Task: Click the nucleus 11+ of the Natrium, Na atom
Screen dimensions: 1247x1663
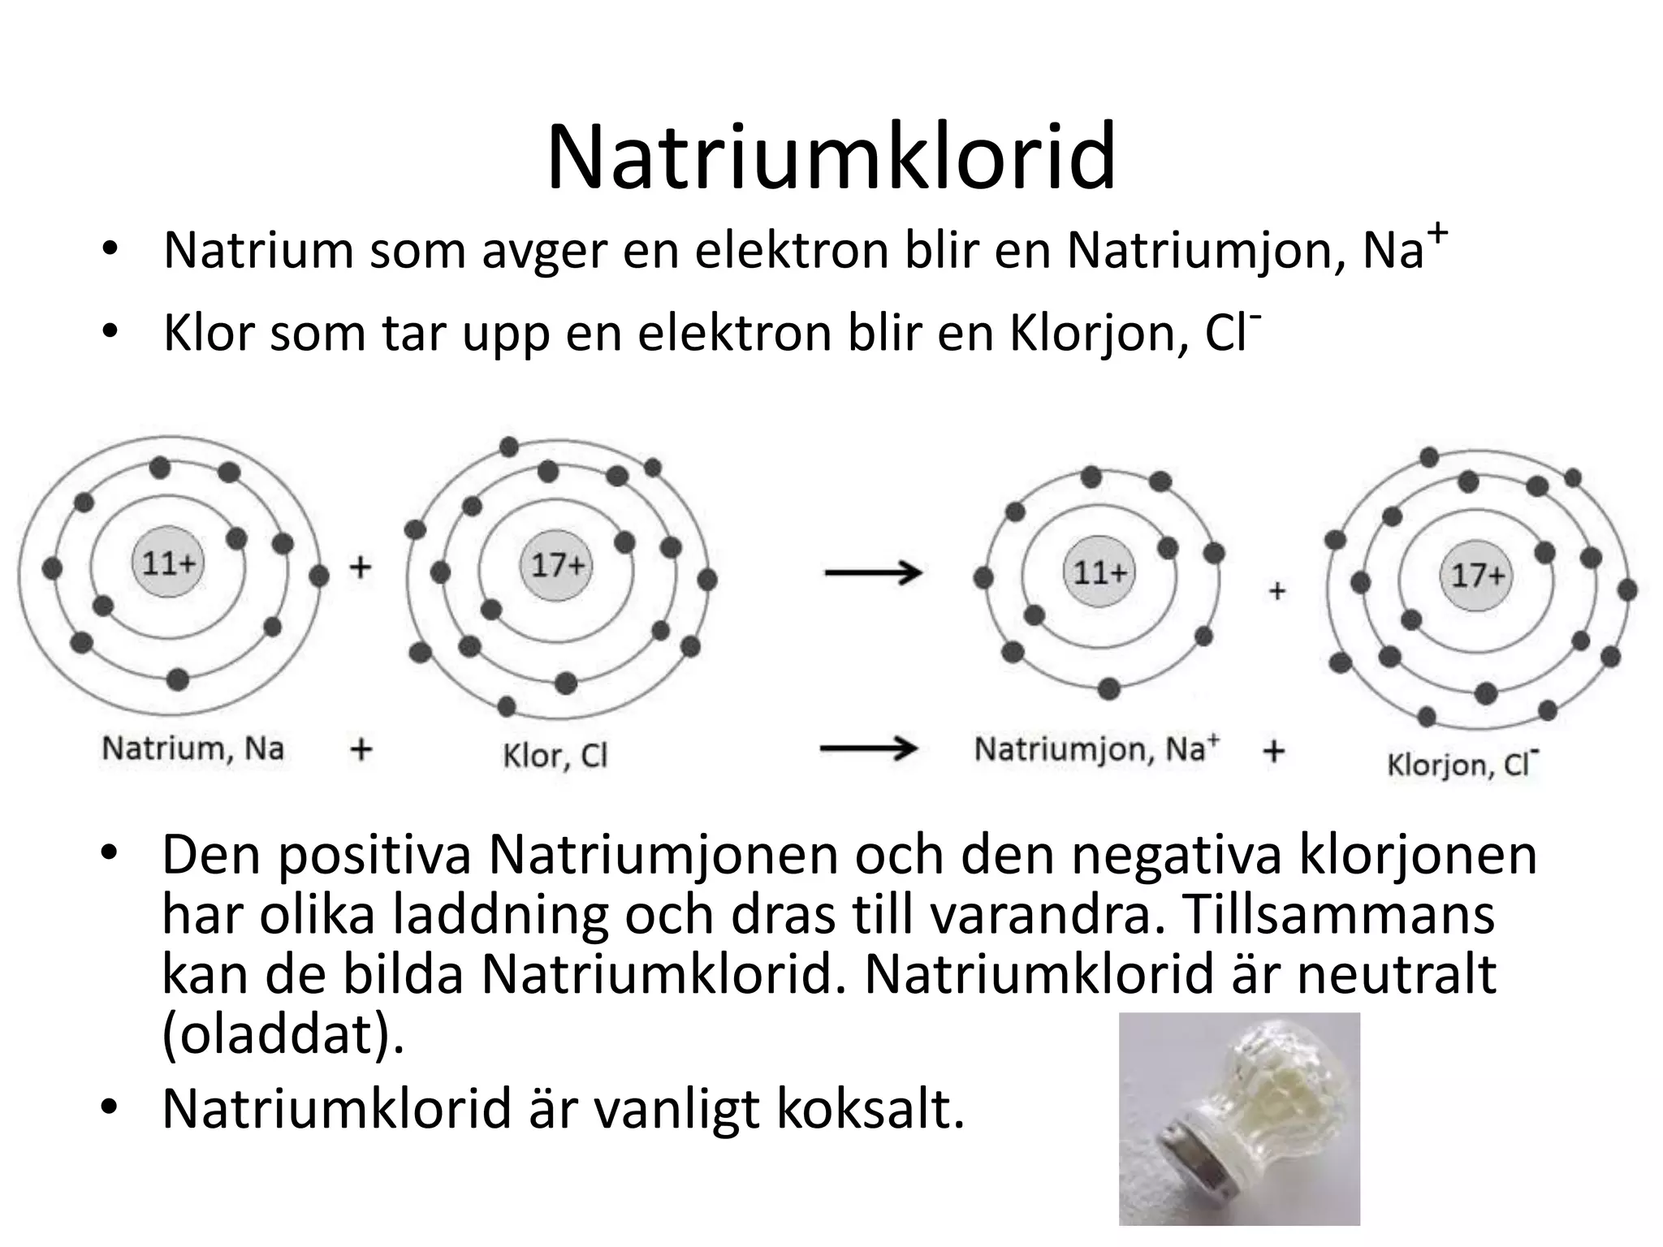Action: point(169,563)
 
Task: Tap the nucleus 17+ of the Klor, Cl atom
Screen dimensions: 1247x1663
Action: point(558,565)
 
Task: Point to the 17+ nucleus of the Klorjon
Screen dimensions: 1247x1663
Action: point(1477,575)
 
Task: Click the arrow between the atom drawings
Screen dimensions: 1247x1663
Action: point(873,573)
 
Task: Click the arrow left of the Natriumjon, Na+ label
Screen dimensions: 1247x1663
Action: point(868,748)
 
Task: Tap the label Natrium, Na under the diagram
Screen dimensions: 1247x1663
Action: point(192,748)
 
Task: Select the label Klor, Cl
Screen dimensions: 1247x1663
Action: point(555,756)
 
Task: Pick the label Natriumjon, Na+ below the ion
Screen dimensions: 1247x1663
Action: point(1096,749)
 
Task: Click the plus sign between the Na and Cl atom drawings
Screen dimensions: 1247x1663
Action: point(361,566)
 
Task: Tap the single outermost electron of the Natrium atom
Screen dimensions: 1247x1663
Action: point(319,576)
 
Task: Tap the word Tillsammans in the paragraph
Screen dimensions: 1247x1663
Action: point(1337,913)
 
